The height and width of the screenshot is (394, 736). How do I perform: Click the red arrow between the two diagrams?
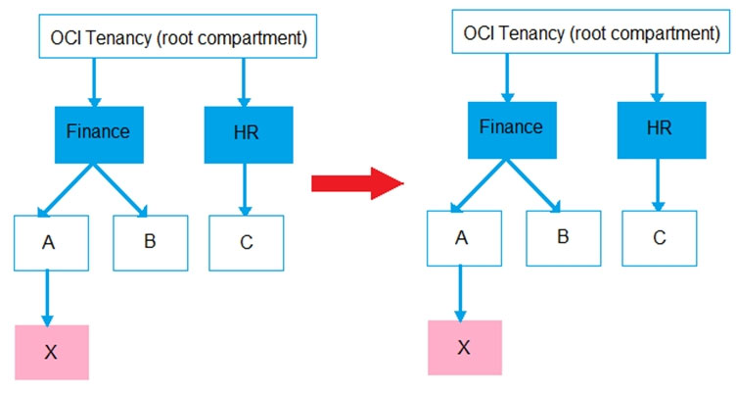[357, 183]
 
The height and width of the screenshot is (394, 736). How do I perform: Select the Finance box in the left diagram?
[99, 135]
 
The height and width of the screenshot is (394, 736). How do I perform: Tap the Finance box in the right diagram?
[512, 130]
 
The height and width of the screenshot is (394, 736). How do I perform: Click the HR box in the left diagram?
[249, 135]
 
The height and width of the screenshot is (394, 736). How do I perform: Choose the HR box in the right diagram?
[662, 130]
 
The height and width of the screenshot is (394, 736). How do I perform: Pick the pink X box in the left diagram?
[52, 352]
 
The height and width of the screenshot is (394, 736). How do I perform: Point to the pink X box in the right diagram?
[465, 348]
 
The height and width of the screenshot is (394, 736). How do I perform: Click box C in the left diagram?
[247, 243]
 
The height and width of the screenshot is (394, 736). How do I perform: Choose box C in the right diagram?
[660, 238]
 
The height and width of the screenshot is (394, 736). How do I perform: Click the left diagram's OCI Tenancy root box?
[178, 36]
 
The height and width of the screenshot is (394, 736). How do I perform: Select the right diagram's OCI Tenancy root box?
[591, 31]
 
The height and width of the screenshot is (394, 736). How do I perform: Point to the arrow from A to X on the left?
[47, 298]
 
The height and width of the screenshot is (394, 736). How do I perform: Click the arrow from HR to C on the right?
[658, 185]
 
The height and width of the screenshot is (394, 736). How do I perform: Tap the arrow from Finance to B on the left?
[120, 190]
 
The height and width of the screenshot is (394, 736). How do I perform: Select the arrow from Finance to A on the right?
[479, 185]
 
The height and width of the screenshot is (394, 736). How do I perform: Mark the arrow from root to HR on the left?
[244, 82]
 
